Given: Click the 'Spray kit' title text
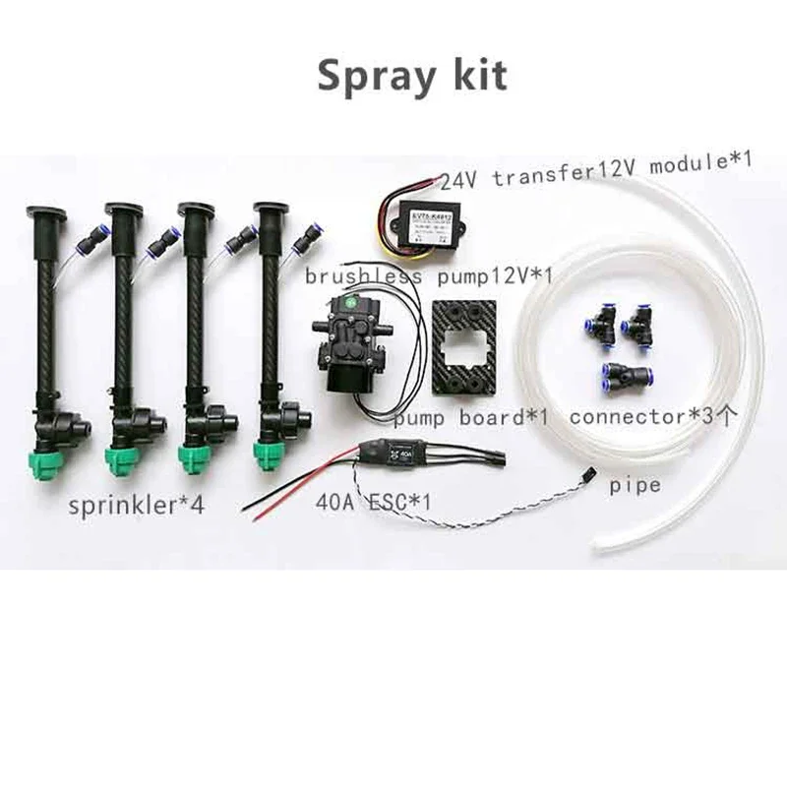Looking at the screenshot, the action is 412,76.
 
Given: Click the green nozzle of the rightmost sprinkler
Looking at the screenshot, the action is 267,452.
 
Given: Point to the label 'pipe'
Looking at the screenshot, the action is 635,485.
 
